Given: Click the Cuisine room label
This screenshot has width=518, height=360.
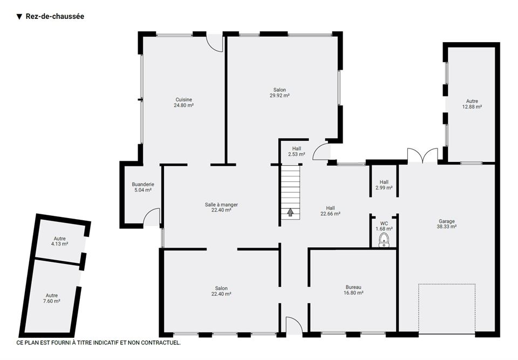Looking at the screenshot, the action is (183, 99).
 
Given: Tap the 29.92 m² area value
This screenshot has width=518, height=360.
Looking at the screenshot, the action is (280, 96).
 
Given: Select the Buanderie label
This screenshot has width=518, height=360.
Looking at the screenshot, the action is (143, 185).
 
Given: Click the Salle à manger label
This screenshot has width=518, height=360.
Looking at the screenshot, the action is (221, 205).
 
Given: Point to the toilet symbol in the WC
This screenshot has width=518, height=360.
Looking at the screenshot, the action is (384, 240).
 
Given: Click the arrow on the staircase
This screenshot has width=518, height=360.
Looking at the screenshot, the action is (290, 212).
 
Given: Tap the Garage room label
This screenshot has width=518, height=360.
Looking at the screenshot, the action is (447, 221).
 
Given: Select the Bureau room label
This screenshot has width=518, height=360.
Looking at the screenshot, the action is (353, 287).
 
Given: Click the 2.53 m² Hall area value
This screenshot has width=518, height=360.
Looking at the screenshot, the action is (296, 154).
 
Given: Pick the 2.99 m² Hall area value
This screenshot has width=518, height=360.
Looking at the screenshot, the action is (384, 188).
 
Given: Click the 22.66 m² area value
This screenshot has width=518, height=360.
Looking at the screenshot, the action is (330, 214).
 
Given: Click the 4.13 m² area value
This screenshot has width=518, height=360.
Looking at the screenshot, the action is (60, 244).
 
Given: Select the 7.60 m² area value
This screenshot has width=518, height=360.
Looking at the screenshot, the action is (52, 301).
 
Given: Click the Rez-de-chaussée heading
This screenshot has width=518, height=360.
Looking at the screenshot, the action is (55, 16).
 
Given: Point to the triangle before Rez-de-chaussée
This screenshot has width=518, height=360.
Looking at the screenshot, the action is (19, 17).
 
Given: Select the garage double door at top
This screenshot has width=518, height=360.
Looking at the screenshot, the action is (422, 155).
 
